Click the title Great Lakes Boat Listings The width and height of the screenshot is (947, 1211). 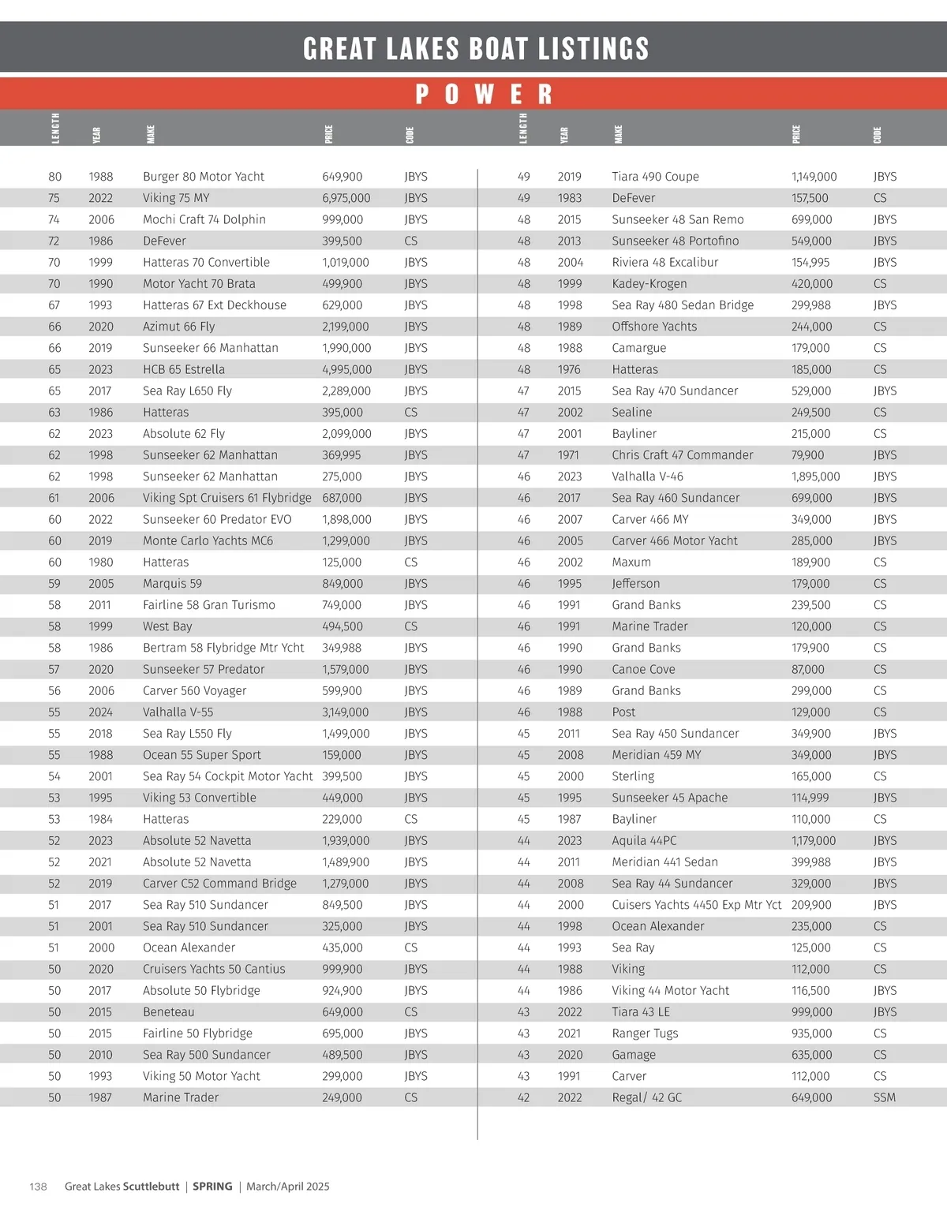[x=476, y=49]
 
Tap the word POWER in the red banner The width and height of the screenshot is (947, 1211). [x=483, y=95]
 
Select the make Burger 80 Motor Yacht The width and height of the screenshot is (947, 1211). [x=204, y=177]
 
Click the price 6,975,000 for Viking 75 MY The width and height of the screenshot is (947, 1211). [x=346, y=198]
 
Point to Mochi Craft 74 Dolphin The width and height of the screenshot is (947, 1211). [x=204, y=219]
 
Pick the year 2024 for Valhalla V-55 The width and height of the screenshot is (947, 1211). [x=101, y=712]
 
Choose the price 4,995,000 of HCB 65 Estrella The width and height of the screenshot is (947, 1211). [x=346, y=369]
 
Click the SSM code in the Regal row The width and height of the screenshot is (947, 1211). [x=884, y=1097]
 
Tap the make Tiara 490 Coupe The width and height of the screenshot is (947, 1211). [x=655, y=177]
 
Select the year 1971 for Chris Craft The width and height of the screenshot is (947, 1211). [x=568, y=455]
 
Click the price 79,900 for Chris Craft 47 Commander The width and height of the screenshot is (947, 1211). [x=807, y=455]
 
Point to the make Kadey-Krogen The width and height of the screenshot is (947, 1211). [x=649, y=284]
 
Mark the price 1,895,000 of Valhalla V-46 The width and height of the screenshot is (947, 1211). [x=815, y=477]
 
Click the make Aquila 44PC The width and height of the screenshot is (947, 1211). [x=644, y=841]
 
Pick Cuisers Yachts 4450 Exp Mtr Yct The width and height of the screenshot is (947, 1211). [x=696, y=905]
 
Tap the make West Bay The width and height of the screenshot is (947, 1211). [x=167, y=626]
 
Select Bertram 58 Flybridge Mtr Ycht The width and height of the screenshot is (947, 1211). [x=223, y=648]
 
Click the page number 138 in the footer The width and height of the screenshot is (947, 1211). [x=38, y=1187]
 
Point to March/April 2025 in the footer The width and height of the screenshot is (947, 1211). [x=287, y=1187]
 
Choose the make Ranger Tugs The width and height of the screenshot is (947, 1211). [x=645, y=1033]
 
